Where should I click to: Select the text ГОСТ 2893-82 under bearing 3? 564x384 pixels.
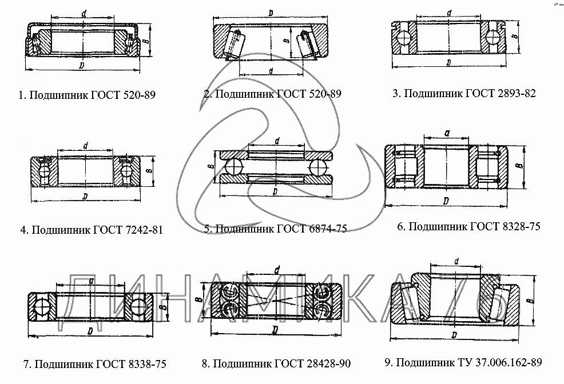(x=499, y=93)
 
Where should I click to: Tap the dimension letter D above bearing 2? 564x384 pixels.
(x=270, y=13)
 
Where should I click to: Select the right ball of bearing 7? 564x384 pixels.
(x=137, y=306)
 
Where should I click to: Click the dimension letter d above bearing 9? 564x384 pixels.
(x=456, y=262)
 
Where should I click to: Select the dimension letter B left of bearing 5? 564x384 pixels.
(x=211, y=166)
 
